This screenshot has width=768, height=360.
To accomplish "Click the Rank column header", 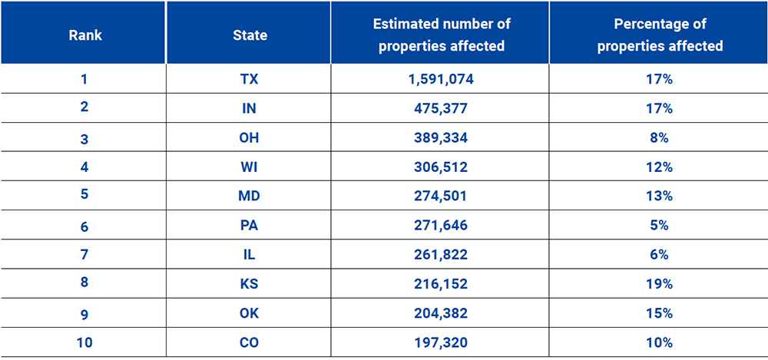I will click(x=84, y=35).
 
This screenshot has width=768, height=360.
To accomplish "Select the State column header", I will click(x=250, y=35).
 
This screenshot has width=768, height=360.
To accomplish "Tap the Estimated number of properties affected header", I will click(x=441, y=35).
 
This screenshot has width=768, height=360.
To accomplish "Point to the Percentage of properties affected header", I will click(x=660, y=35).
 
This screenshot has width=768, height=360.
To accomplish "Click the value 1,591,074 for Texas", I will click(x=441, y=79).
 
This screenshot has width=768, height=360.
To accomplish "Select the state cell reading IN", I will click(x=250, y=108).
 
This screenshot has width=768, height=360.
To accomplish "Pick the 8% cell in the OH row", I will click(x=660, y=137).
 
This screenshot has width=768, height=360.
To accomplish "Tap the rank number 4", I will click(x=84, y=167).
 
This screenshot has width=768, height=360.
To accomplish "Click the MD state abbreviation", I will click(x=250, y=196).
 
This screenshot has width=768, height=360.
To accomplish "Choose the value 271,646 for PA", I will click(x=441, y=226).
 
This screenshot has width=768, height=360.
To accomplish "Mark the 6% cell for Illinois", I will click(x=660, y=255).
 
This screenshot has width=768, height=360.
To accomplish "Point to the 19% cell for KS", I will click(x=660, y=284).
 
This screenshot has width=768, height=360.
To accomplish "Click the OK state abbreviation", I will click(x=250, y=313).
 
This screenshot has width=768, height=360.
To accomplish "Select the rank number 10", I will click(x=84, y=342).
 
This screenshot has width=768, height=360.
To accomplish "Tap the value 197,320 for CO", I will click(x=441, y=342).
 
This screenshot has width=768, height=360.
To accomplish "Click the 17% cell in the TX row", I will click(x=660, y=79).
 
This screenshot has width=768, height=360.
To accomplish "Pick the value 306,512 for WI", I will click(x=441, y=167).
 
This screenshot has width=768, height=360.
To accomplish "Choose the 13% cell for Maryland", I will click(x=660, y=196).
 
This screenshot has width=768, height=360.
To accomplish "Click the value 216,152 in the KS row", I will click(x=441, y=284).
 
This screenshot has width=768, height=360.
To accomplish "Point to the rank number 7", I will click(x=84, y=255).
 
